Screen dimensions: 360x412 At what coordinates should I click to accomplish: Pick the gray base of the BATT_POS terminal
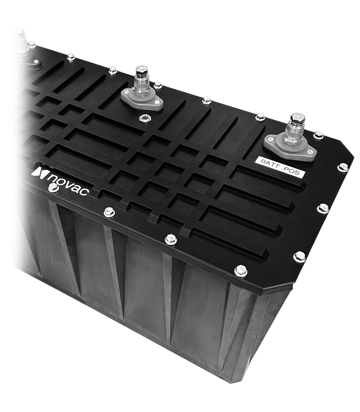(289, 149)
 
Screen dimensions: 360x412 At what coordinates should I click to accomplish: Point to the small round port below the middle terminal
(144, 118)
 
